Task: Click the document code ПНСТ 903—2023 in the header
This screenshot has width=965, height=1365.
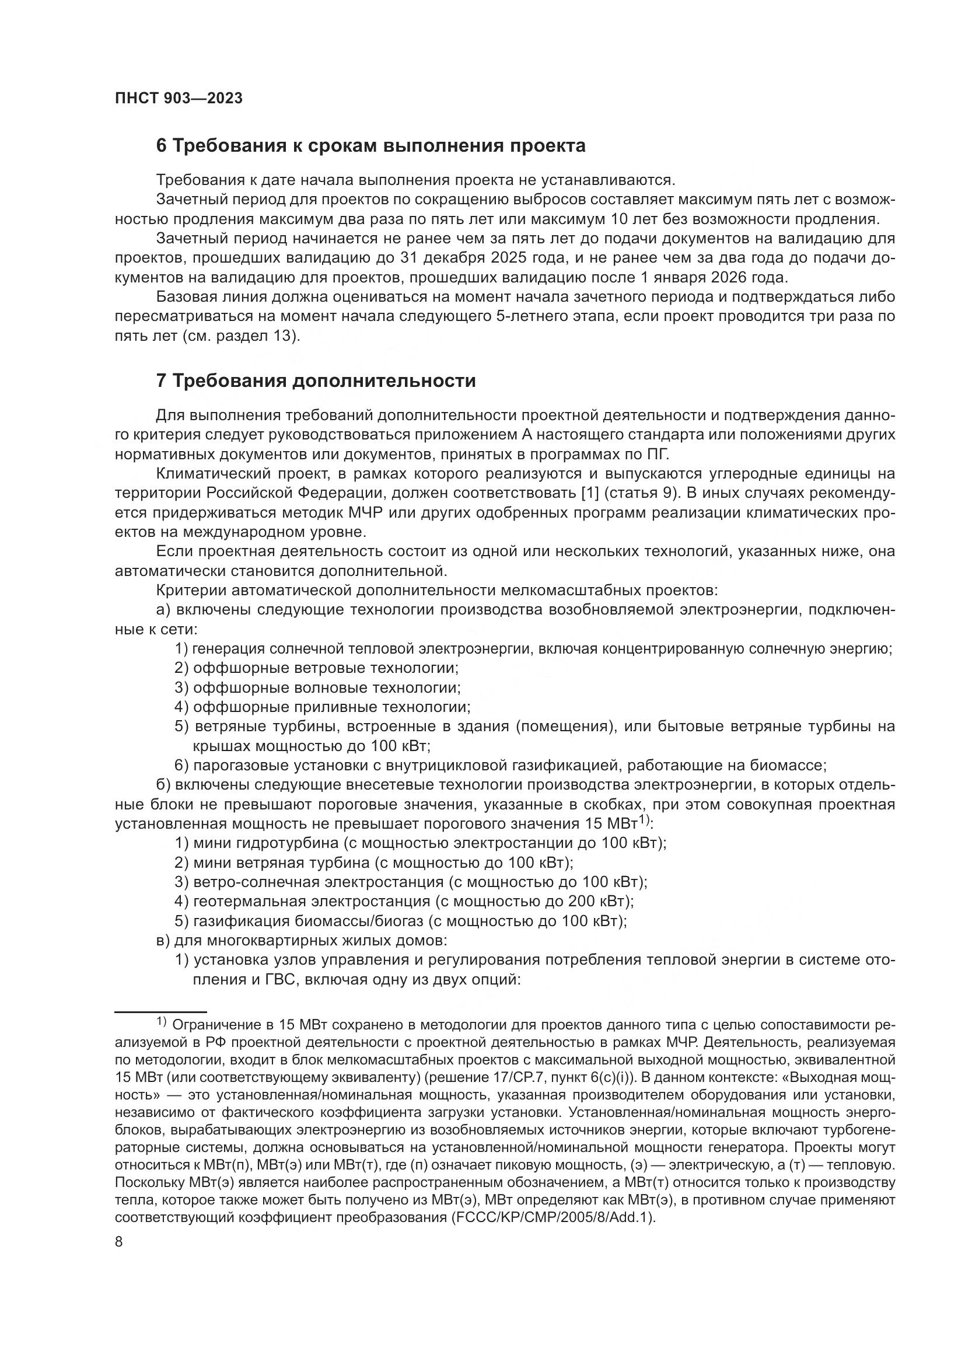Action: tap(179, 99)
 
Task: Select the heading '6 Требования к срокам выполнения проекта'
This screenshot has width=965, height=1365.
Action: tap(371, 146)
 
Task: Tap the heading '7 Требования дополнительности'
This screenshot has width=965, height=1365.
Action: tap(316, 380)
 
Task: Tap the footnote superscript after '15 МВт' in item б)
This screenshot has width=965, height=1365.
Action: tap(645, 821)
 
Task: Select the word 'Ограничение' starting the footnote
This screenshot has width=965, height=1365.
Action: tap(214, 1025)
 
